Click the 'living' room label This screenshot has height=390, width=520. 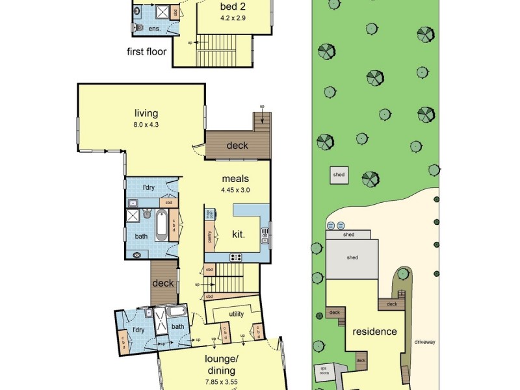click(x=146, y=113)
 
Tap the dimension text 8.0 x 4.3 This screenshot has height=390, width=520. click(x=146, y=123)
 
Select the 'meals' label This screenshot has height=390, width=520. click(x=235, y=179)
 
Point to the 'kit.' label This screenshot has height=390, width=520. click(x=238, y=234)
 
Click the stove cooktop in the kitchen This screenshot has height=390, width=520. click(x=236, y=257)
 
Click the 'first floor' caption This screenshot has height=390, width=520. click(x=147, y=51)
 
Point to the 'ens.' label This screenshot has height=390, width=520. click(x=154, y=29)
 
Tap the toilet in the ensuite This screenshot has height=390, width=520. click(x=135, y=28)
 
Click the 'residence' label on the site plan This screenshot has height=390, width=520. click(x=374, y=331)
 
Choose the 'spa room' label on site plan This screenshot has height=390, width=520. click(x=323, y=371)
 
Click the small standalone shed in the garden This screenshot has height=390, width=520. click(x=339, y=175)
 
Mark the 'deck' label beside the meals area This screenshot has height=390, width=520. click(x=237, y=146)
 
